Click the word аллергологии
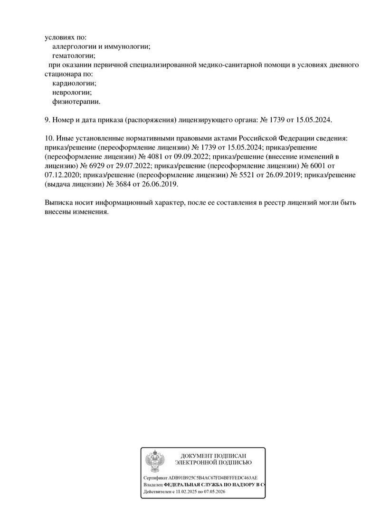point(73,46)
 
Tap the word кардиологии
point(74,83)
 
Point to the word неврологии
point(72,92)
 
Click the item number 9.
point(46,120)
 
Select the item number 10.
point(48,138)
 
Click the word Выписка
point(57,202)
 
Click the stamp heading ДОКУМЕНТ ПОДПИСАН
point(213,455)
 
